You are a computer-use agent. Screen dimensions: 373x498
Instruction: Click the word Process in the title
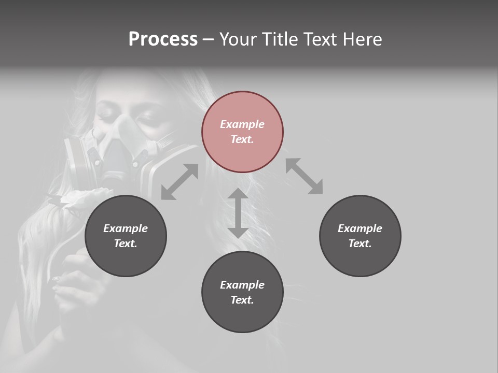click(x=163, y=39)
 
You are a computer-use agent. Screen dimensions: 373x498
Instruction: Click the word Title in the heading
click(x=279, y=39)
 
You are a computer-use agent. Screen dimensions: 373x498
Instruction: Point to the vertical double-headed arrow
click(x=238, y=213)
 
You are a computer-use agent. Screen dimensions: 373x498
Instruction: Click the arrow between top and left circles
click(x=179, y=182)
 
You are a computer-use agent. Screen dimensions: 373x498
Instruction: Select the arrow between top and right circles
click(x=304, y=176)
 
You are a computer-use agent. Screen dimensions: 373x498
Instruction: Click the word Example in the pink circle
click(x=242, y=124)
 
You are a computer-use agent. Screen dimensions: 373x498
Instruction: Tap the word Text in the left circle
click(x=126, y=243)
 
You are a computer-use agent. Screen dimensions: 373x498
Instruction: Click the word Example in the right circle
click(x=360, y=228)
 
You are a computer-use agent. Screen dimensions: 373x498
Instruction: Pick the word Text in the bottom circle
click(x=242, y=300)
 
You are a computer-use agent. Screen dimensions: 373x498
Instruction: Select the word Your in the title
click(x=239, y=39)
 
